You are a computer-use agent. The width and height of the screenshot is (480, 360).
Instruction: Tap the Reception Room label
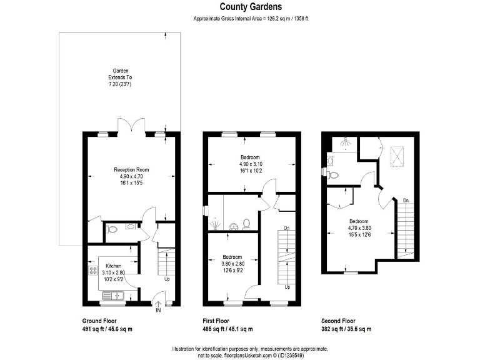(131, 169)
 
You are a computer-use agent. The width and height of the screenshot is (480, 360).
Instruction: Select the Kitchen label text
(113, 266)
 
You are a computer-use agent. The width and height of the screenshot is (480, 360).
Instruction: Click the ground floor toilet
(112, 229)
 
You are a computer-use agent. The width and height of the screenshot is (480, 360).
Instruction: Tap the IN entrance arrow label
(158, 310)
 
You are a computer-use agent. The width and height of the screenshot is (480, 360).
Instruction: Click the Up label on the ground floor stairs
(167, 279)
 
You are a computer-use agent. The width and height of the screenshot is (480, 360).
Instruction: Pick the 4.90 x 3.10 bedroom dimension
(250, 164)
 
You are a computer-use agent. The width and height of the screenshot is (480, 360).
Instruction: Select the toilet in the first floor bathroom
(247, 222)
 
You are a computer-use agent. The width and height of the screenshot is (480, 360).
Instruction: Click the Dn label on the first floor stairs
(286, 229)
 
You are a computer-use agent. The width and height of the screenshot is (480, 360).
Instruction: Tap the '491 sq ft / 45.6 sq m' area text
(107, 329)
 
